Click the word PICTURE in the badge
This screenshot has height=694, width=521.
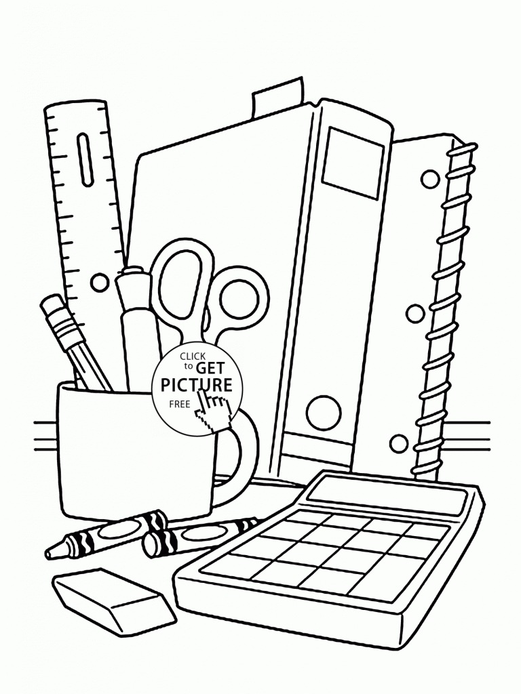point(196,385)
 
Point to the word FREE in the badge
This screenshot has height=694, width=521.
point(179,404)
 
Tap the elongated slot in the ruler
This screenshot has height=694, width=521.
point(85,158)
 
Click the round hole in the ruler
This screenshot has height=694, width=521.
point(99,281)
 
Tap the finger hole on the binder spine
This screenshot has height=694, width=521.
point(324,412)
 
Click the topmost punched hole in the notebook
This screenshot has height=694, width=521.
point(429,179)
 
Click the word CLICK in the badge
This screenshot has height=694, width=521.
point(192,356)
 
